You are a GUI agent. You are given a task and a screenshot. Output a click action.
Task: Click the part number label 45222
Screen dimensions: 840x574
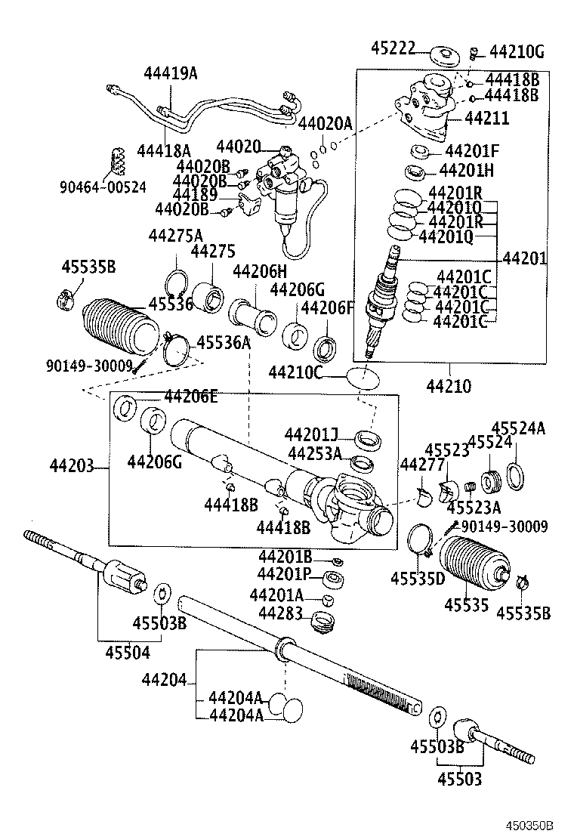coord(393,48)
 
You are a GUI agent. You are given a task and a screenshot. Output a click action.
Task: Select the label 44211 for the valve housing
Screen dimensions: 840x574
coord(486,118)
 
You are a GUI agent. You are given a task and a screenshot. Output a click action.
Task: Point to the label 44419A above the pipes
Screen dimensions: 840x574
coord(171,73)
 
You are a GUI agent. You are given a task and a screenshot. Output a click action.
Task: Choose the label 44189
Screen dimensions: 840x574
coord(196,194)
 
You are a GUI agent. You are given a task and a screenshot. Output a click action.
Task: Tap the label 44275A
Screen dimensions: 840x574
coord(175,235)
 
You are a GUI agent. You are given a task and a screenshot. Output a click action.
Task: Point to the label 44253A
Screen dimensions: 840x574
coord(314,452)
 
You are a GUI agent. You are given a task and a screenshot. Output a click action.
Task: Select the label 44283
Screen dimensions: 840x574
coord(281,613)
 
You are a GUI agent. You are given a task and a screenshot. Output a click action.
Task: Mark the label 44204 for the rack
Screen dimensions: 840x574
coord(163,680)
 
